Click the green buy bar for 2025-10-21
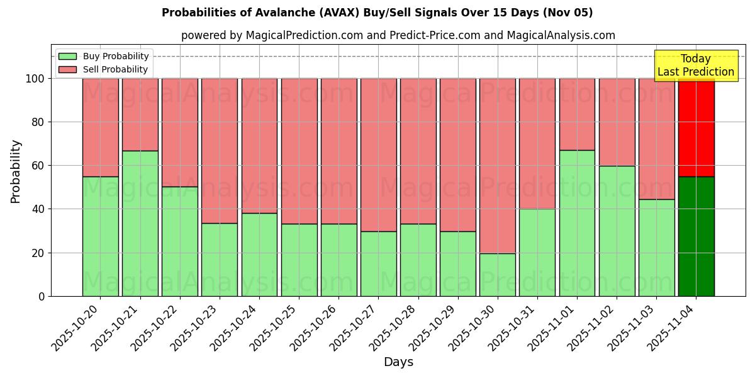pos(140,223)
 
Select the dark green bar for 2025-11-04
pos(696,236)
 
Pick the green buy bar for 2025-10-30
pos(497,275)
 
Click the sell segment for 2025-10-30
pos(497,166)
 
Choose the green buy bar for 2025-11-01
pos(577,223)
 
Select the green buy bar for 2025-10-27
pos(378,263)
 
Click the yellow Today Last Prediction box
pos(695,66)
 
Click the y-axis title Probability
pos(16,171)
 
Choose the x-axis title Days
pos(398,362)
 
